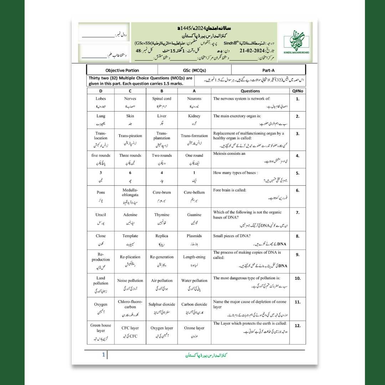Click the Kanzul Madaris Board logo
(294, 42)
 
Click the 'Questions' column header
(250, 91)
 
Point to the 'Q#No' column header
(298, 91)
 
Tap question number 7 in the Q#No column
(298, 213)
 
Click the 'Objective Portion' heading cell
(122, 71)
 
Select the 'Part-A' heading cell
(268, 71)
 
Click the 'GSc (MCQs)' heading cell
(194, 71)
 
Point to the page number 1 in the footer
(103, 355)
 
